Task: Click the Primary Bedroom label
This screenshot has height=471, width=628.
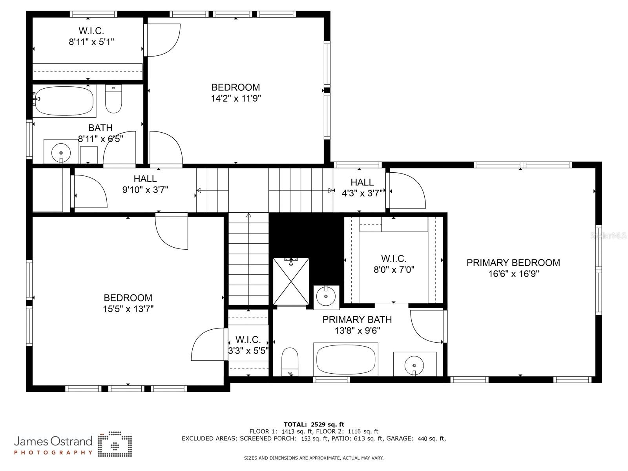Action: (513, 268)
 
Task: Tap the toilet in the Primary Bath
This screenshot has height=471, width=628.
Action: (290, 362)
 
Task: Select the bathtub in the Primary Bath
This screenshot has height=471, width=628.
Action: (346, 360)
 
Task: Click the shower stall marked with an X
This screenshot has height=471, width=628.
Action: (291, 281)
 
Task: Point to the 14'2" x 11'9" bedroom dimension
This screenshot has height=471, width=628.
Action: (236, 99)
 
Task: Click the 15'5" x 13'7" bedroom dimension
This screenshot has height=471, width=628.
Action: (128, 309)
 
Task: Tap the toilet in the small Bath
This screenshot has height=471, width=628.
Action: (113, 99)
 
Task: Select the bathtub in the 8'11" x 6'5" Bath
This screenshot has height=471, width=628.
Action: (64, 101)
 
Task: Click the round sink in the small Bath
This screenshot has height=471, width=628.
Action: (61, 153)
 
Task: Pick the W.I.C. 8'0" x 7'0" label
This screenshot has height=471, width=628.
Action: (394, 264)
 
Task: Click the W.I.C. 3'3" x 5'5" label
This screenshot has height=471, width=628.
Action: (248, 345)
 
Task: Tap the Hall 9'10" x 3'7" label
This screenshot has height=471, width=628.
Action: (145, 184)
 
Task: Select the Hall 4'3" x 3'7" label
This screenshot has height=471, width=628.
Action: (362, 188)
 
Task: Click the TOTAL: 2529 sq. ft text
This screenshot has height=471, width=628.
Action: (314, 424)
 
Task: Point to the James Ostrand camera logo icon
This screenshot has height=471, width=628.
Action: (115, 444)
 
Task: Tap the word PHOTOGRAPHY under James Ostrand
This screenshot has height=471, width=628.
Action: (53, 453)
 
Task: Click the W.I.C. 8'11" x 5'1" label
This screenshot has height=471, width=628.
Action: (91, 37)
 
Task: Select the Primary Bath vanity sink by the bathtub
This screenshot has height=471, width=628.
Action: (414, 365)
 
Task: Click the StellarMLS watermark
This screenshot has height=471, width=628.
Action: (608, 235)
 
